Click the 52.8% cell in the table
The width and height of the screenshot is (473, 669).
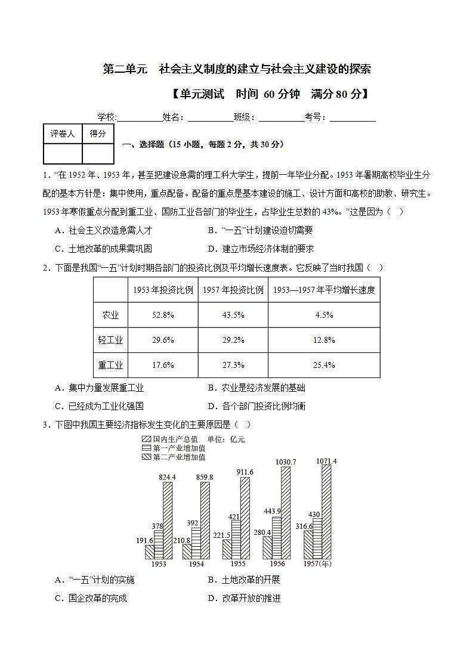pos(163,315)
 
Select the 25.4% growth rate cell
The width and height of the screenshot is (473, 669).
pos(324,365)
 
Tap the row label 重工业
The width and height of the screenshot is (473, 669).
pos(110,365)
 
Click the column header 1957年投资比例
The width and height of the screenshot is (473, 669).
pos(233,290)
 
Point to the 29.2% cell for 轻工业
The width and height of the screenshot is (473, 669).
pos(233,340)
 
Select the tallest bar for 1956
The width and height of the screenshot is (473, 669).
pos(286,513)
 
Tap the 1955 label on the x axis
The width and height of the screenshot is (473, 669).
pos(238,563)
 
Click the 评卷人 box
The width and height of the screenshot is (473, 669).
pos(63,134)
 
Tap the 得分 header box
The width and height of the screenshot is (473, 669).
pos(98,134)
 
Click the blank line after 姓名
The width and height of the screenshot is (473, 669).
pos(210,117)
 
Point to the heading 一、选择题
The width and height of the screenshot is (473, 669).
pos(143,144)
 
